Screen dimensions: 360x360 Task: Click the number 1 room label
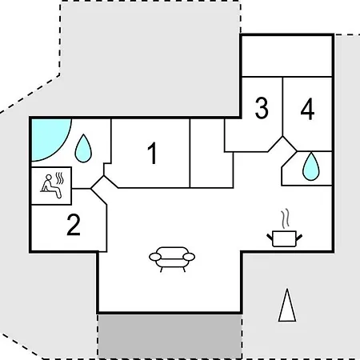tap(153, 153)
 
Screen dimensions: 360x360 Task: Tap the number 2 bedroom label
tap(74, 225)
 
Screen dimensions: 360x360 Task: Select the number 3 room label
tap(262, 108)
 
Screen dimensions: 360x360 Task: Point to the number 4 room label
tap(307, 109)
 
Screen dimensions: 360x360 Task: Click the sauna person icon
tap(51, 186)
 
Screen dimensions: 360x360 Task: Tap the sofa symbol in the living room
tap(172, 259)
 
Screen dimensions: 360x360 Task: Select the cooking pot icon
tap(285, 238)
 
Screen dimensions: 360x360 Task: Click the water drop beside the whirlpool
tap(83, 148)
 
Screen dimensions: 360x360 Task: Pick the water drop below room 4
tap(311, 166)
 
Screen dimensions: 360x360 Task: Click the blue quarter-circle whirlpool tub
tap(48, 138)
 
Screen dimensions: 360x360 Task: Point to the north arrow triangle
tap(287, 306)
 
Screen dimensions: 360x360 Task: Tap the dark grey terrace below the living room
tap(170, 336)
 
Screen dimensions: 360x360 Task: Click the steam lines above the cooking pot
tap(286, 218)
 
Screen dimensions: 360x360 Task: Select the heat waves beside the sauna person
tap(60, 178)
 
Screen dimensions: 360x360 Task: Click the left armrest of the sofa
tap(155, 257)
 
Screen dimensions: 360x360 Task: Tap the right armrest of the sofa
tap(189, 257)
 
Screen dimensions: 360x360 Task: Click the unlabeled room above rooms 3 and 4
tap(287, 56)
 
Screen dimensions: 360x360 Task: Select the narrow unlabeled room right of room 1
tap(211, 154)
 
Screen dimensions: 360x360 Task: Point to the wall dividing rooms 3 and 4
tap(282, 107)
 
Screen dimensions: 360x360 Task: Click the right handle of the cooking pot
tap(299, 237)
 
